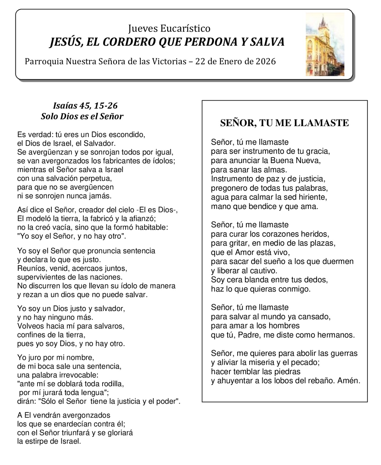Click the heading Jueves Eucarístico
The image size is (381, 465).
click(x=169, y=28)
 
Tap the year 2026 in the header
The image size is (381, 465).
click(x=265, y=62)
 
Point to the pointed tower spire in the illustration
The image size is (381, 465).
click(x=322, y=22)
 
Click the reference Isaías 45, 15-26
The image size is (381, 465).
click(x=85, y=105)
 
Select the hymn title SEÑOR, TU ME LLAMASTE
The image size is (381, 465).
click(x=284, y=123)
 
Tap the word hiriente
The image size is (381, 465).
click(x=313, y=197)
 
